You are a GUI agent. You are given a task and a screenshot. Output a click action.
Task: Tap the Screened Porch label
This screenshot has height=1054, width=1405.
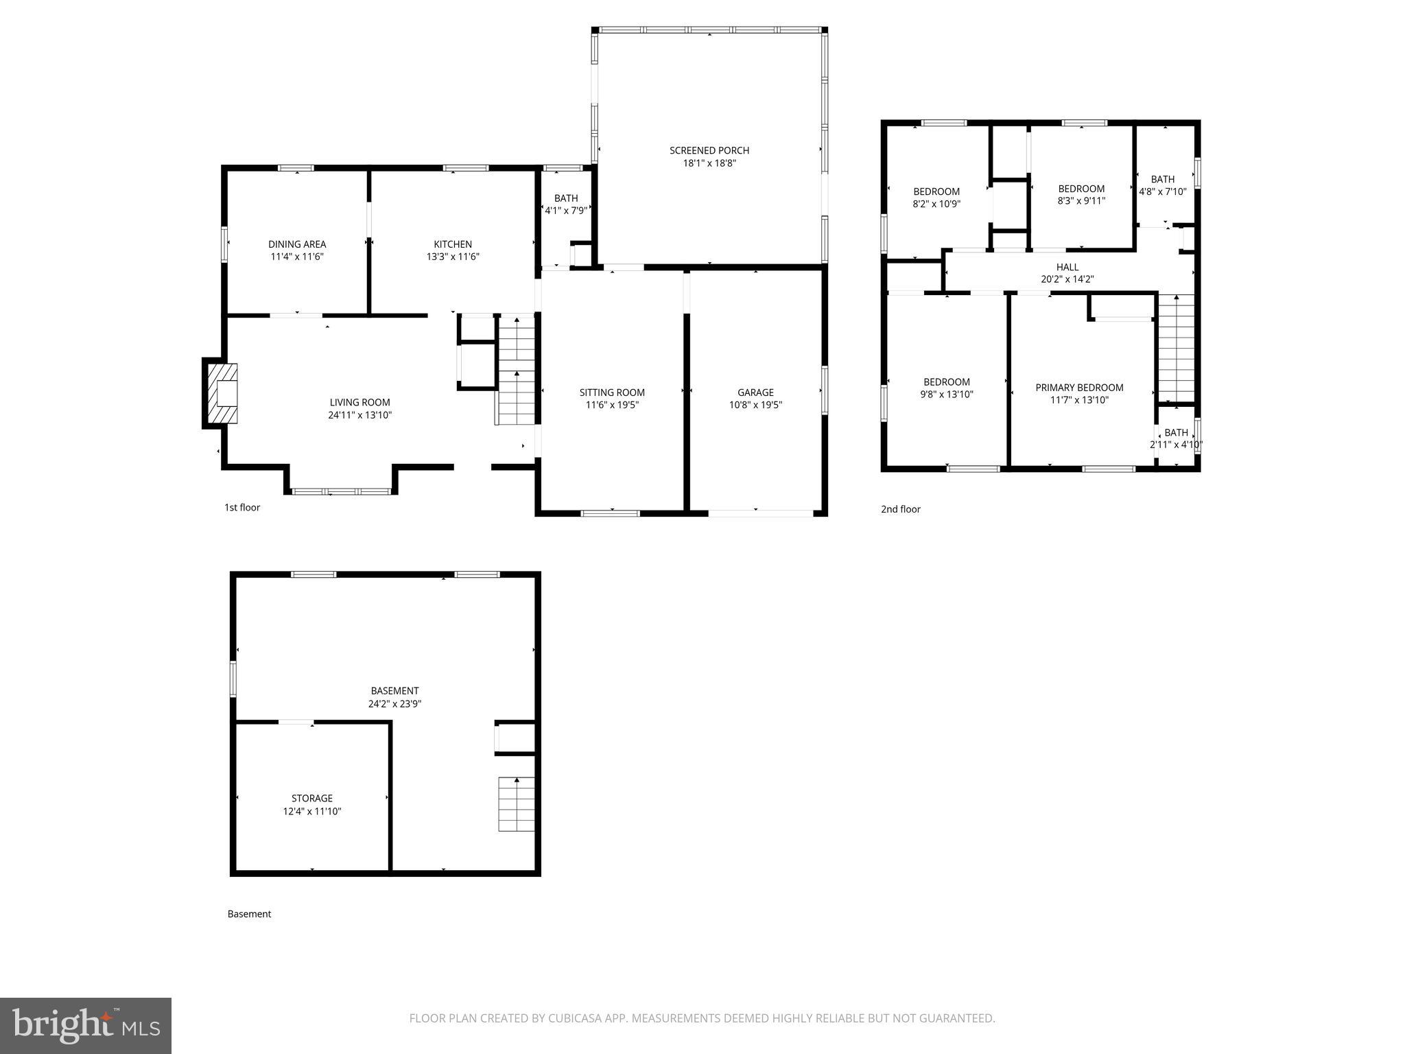coord(709,150)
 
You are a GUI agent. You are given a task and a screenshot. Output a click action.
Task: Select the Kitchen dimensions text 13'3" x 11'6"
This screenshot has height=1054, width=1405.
coord(452,257)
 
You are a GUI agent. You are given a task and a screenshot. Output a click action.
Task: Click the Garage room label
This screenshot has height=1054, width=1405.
coord(755,393)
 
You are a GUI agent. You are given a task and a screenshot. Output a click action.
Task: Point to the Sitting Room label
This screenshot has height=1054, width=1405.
coord(612,393)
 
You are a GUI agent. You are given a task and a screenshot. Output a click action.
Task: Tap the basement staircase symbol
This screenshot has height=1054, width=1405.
coord(516,804)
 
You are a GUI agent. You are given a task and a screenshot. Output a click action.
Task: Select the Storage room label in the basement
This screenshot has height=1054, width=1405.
coord(311,798)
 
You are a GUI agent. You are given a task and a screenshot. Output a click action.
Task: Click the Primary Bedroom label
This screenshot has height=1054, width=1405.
coord(1079,388)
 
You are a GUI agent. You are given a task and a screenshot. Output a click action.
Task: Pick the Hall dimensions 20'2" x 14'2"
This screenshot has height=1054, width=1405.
coord(1067,279)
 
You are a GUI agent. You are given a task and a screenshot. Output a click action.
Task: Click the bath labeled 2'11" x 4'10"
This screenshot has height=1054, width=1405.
coord(1176,438)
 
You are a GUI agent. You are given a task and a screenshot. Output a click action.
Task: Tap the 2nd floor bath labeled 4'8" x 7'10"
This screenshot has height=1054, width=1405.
coord(1162,185)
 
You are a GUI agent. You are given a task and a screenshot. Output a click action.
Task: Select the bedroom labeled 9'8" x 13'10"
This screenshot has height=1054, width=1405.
coord(946,388)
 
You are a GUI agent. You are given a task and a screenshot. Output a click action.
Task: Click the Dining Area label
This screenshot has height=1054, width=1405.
coord(296,244)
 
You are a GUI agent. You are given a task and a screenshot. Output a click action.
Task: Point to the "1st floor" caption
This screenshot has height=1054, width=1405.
coord(242,508)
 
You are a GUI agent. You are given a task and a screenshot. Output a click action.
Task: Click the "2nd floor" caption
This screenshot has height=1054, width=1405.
coord(900,509)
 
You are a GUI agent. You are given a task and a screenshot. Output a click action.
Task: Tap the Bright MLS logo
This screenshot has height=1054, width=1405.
coord(86,1025)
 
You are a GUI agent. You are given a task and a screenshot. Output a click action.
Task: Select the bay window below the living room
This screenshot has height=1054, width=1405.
coord(341,491)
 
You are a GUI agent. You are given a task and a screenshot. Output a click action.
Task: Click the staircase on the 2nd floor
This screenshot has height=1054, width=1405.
coord(1176,348)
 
